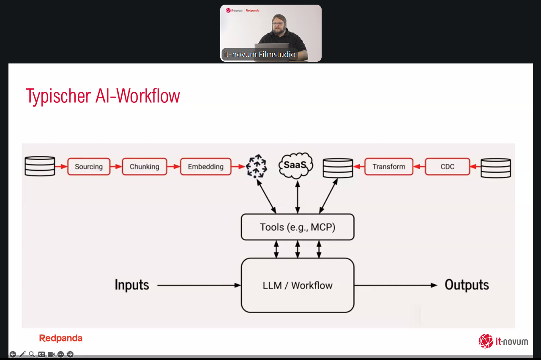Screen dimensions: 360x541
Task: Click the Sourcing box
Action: (88, 167)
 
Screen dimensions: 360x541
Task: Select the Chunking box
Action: (145, 167)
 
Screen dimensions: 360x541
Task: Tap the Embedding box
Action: (205, 167)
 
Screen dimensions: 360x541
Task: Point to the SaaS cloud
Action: (296, 165)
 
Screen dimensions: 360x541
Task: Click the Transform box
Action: (388, 167)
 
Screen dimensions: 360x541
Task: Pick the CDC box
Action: (447, 167)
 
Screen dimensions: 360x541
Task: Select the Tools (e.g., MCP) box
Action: (298, 227)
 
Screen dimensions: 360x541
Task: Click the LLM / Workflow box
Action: (298, 286)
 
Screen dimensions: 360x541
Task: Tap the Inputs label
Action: (132, 285)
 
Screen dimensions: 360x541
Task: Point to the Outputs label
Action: (467, 285)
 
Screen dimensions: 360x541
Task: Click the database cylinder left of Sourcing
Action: (40, 166)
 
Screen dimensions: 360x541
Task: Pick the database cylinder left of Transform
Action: (338, 168)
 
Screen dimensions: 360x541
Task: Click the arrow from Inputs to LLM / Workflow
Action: (199, 286)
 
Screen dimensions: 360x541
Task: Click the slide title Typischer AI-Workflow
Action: (103, 96)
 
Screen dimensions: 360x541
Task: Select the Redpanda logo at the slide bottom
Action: (61, 338)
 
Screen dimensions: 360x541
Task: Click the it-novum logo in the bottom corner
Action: (503, 341)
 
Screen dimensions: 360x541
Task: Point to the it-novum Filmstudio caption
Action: (260, 55)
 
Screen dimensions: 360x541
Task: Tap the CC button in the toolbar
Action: (41, 355)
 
